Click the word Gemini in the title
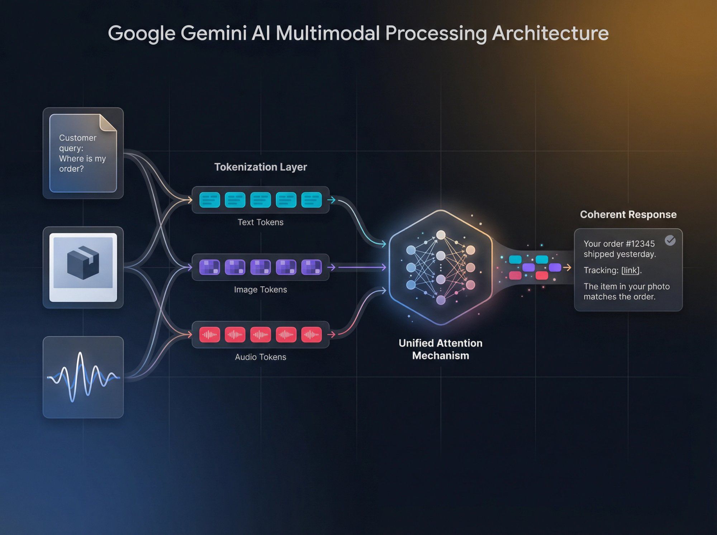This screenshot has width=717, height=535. pos(214,33)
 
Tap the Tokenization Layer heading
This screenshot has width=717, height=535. pos(261,167)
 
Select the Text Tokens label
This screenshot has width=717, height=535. pos(261,222)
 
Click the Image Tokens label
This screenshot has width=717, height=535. pos(261,290)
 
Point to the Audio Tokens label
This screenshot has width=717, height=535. pos(261,357)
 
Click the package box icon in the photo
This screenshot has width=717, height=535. pos(83,262)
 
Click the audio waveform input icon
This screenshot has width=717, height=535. pos(83,377)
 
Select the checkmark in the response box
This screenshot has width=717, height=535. pos(670,240)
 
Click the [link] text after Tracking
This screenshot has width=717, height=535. pos(630,270)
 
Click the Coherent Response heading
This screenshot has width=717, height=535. pos(628,214)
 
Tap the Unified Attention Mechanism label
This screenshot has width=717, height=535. pos(441,349)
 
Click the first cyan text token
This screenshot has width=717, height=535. pos(209,200)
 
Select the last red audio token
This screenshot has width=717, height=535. pos(311,335)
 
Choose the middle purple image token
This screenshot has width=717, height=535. pos(260,267)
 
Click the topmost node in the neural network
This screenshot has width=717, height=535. pos(441,235)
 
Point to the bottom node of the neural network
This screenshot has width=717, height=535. pos(441,300)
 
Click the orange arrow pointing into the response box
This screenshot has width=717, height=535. pos(567,267)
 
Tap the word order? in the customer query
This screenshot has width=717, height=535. pos(71,169)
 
